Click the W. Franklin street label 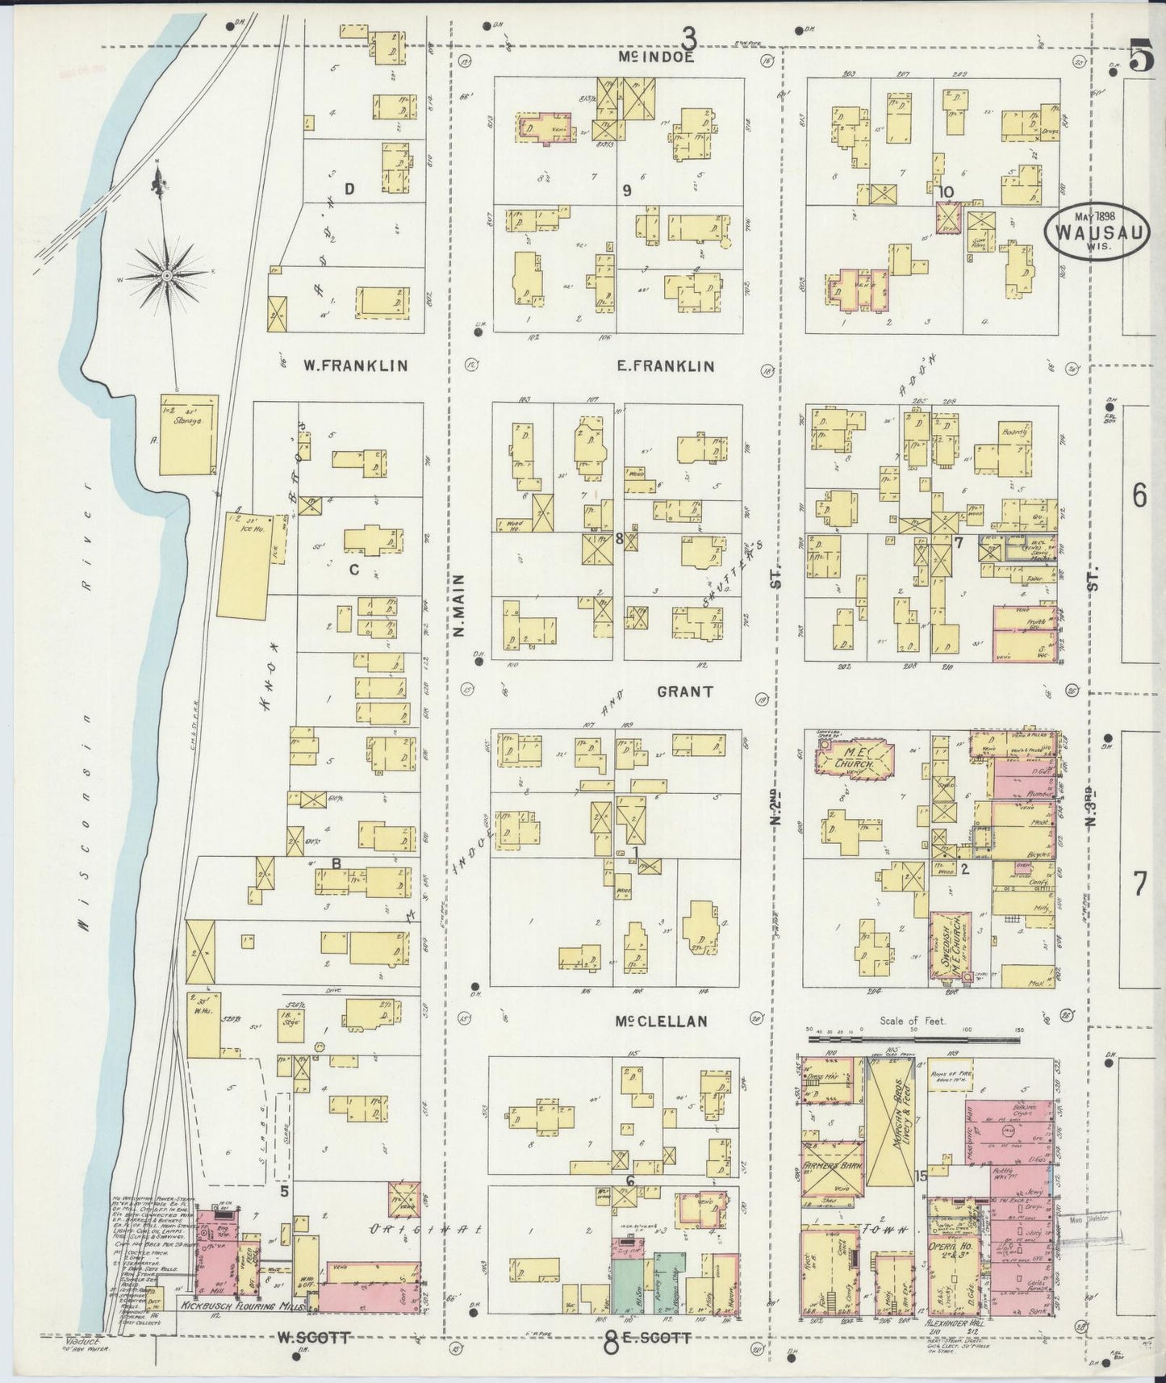point(355,366)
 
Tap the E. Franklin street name point(665,366)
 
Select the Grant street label point(684,691)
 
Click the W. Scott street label point(313,1337)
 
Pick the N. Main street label point(458,605)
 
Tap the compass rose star point(165,275)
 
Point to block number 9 point(626,191)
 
